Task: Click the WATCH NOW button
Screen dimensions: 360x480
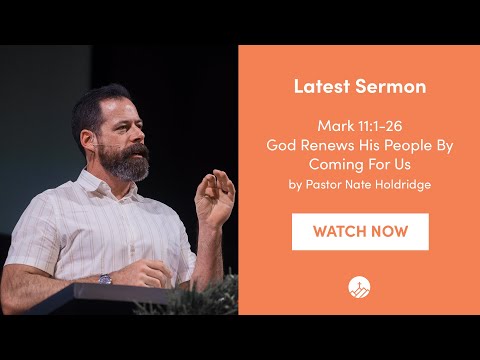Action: coord(360,231)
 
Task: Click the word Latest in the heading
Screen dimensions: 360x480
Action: coord(318,87)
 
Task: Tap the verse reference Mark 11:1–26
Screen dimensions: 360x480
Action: coord(360,127)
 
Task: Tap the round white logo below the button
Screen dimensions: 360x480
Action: coord(360,287)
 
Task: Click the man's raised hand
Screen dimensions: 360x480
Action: coord(215,195)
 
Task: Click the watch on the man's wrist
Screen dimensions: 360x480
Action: coord(105,278)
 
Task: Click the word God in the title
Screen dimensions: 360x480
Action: coord(279,144)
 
